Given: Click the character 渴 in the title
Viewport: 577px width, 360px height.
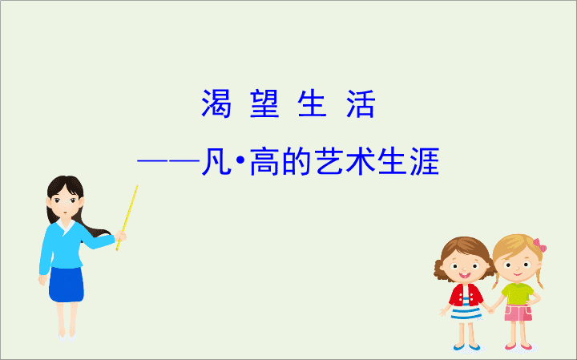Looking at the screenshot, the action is [216, 103].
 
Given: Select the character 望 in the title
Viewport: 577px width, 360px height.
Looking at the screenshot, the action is [264, 103].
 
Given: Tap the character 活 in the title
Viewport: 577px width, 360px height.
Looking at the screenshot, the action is [361, 103].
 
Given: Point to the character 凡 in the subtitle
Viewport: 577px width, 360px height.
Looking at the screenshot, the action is [216, 162].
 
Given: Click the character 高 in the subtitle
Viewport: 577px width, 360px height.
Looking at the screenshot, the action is [264, 162].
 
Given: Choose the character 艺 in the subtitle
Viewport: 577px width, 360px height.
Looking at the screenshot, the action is [329, 162].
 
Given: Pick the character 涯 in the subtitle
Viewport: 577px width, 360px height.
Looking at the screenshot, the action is [425, 162].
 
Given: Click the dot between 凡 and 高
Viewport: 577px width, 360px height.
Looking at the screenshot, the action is [240, 161].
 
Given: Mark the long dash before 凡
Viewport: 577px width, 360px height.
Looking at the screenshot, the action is [168, 161].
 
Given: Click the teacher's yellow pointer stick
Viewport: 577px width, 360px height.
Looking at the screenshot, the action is [127, 218].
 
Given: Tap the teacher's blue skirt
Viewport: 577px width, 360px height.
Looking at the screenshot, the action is [67, 284].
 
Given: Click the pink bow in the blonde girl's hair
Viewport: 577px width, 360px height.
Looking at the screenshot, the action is [540, 245].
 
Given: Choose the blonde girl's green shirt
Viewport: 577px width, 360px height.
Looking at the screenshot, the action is [518, 293].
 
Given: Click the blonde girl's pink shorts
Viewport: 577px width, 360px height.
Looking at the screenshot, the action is [518, 313].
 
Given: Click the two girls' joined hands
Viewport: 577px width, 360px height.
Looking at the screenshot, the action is [491, 310].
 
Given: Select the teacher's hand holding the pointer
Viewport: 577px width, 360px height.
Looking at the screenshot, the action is [121, 236].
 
